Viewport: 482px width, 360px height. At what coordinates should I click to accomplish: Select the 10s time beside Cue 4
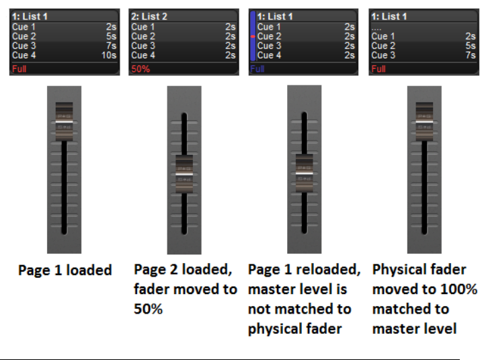(x=109, y=55)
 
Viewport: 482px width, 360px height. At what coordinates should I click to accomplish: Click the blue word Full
(x=257, y=69)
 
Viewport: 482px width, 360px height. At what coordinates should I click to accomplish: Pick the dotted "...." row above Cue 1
(x=378, y=27)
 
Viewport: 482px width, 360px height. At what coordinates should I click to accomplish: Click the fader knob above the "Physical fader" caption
(x=424, y=120)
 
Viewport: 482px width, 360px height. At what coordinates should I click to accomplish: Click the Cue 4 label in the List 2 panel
(x=143, y=55)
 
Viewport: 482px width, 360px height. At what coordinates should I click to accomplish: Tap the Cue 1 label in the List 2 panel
(x=143, y=27)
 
